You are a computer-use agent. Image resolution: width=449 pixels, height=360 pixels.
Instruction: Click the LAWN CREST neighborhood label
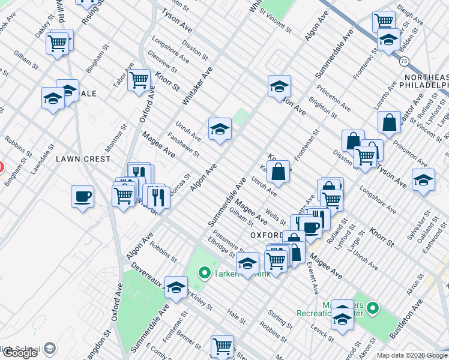coord(83,159)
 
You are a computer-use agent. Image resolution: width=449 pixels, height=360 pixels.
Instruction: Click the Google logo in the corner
coord(20,353)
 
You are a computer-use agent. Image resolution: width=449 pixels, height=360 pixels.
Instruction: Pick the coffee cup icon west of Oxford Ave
coord(82,196)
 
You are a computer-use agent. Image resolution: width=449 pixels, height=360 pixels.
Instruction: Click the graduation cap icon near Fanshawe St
coord(220,128)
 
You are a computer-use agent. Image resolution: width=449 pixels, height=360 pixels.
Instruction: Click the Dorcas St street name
coord(179,180)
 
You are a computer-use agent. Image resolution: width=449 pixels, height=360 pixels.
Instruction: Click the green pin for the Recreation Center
coord(373,309)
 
